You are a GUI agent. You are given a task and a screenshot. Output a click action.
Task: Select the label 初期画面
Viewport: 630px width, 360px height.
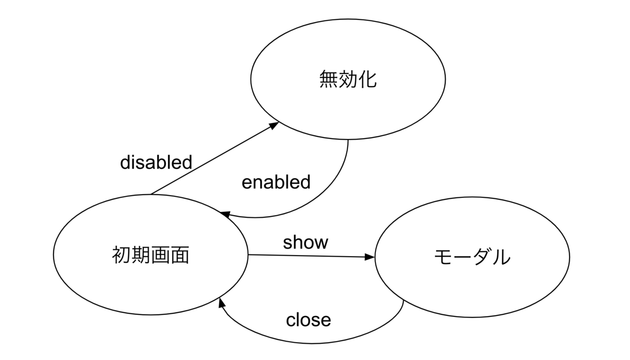[x=151, y=255]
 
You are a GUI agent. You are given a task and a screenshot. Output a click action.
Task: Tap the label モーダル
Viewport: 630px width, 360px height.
[x=472, y=257]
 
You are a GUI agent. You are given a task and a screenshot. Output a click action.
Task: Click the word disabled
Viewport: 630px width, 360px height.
[x=156, y=162]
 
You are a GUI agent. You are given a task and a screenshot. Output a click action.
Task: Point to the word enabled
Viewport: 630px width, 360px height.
[x=276, y=182]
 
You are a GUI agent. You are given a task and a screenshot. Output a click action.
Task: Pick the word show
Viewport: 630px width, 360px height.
[x=306, y=242]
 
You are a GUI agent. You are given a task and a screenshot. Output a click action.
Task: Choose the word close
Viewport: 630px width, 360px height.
[x=308, y=320]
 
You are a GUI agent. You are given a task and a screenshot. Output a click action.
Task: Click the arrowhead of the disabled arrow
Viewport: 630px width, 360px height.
[x=274, y=125]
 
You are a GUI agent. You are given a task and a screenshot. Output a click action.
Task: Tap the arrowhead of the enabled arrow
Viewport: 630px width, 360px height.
[x=226, y=215]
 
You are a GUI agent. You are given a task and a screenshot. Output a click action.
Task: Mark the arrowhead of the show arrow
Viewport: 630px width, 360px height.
[x=370, y=257]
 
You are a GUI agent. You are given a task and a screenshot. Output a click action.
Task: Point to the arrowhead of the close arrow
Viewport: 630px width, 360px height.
[x=222, y=303]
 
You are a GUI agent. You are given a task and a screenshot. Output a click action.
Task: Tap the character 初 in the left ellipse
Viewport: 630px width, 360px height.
[x=121, y=255]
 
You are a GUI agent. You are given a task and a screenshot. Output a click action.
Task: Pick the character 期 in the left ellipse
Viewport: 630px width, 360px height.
[x=141, y=255]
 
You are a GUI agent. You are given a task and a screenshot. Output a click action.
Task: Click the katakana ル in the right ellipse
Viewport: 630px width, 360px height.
[x=501, y=257]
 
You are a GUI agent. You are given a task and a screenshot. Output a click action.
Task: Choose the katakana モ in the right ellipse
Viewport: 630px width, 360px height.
[x=444, y=257]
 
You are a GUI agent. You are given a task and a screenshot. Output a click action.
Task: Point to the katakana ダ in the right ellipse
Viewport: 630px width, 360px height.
[x=482, y=257]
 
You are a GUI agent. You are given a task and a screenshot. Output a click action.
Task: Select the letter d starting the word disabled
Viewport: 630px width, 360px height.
[x=125, y=162]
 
